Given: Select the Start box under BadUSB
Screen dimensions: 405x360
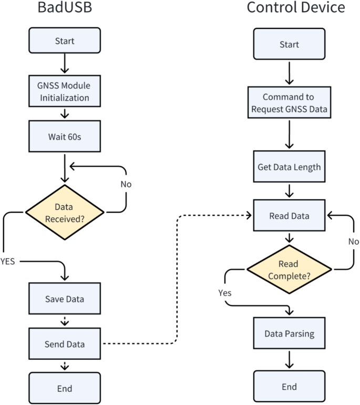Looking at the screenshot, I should [64, 40].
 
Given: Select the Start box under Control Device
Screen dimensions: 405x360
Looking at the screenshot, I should [289, 44].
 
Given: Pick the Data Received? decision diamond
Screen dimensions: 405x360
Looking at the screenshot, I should [66, 212].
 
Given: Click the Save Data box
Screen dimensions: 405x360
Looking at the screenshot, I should [64, 299].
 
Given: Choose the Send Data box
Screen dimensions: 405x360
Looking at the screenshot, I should [64, 344].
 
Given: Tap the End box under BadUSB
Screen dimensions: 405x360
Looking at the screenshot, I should [64, 389].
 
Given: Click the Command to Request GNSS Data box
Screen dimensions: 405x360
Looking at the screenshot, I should [289, 103].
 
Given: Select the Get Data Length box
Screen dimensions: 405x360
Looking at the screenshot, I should [289, 167].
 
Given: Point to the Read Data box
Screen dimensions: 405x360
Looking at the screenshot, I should [289, 215].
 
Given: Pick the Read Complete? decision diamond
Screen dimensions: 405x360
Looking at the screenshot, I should [289, 269].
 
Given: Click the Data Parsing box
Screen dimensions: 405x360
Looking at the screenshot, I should [289, 333].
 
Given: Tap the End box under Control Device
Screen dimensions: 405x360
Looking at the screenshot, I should [289, 387].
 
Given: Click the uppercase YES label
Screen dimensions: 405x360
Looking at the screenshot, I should [8, 261].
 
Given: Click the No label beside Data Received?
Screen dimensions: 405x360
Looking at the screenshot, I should [126, 184].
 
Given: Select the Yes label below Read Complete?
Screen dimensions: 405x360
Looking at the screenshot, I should [225, 292].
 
